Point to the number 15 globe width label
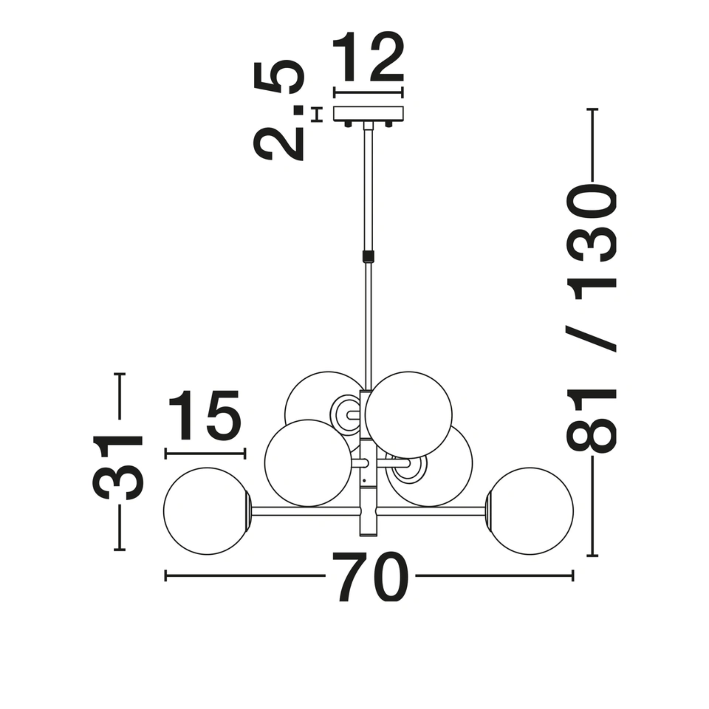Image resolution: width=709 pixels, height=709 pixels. click(205, 415)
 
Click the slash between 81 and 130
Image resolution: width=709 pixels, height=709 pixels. click(591, 338)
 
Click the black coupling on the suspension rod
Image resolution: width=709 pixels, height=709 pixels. click(368, 256)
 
